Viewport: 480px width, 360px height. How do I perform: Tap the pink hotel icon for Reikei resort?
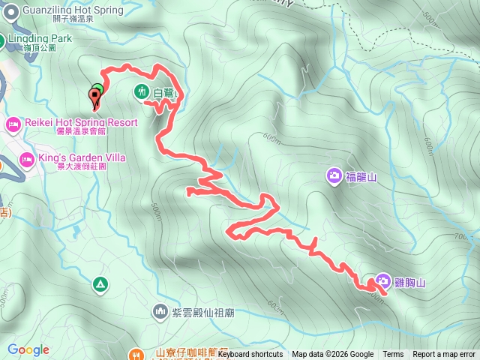coord(13,123)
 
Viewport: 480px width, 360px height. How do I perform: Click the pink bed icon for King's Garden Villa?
coord(26,159)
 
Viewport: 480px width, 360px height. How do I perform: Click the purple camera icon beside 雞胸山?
coord(383,282)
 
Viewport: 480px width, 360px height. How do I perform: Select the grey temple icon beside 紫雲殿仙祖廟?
coord(160,310)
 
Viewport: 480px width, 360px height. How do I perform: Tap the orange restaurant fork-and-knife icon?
coord(136,352)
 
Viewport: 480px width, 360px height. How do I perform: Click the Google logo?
coord(28,349)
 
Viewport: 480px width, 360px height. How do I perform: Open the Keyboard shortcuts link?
coord(250,355)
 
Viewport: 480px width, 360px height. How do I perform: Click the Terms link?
coord(393,355)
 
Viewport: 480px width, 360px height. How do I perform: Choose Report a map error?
coord(444,355)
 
